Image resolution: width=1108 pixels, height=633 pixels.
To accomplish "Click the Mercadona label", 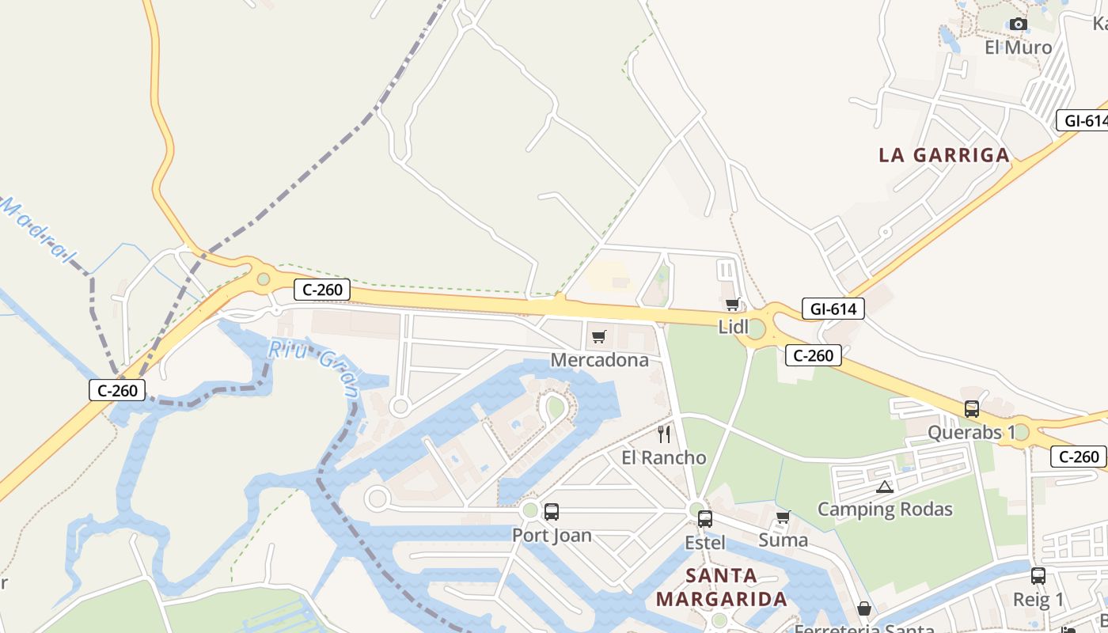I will tap(599, 360).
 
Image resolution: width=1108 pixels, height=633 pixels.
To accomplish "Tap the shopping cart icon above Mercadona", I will tap(599, 337).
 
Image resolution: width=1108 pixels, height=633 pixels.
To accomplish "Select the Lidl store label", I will tap(733, 327).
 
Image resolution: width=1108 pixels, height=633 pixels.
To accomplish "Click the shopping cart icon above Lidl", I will tap(733, 304).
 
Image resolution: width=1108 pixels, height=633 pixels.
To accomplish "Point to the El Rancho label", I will tap(663, 457).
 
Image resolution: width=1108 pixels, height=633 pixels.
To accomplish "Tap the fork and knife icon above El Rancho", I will tap(664, 434).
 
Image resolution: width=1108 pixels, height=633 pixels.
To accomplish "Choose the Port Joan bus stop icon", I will tap(552, 511).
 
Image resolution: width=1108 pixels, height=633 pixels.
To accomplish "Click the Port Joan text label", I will tap(552, 535).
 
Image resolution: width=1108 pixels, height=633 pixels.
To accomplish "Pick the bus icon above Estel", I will tap(704, 519).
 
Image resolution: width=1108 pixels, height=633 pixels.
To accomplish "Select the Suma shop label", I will tap(783, 540).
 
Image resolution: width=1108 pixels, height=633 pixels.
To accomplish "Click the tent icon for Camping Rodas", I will tap(884, 487).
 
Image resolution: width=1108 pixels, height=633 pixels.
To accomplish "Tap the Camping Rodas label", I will tap(884, 509).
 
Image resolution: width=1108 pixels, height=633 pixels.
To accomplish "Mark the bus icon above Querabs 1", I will tap(972, 409).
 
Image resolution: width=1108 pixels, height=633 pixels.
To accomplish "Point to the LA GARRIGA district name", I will tap(944, 155).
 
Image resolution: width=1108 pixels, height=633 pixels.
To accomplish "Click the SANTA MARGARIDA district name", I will tap(721, 587).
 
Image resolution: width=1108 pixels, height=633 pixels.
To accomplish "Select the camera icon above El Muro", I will tap(1019, 25).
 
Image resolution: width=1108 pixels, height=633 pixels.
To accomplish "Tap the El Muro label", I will tap(1019, 47).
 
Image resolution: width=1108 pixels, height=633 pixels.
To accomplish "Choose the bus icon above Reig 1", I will tap(1038, 576).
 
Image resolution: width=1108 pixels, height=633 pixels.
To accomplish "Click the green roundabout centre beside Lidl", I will tap(757, 329).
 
